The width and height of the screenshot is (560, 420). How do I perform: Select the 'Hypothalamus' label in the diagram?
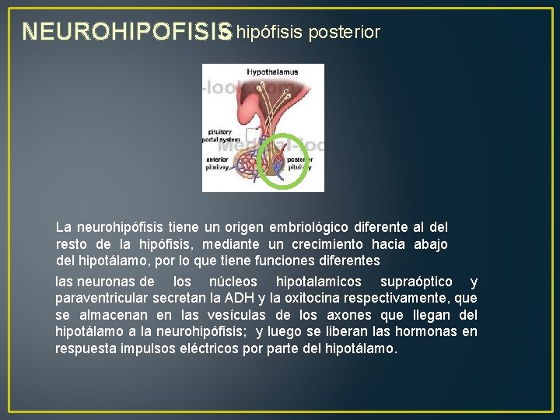pyautogui.click(x=272, y=72)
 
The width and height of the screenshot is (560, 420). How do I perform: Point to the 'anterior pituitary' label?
pyautogui.click(x=218, y=163)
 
